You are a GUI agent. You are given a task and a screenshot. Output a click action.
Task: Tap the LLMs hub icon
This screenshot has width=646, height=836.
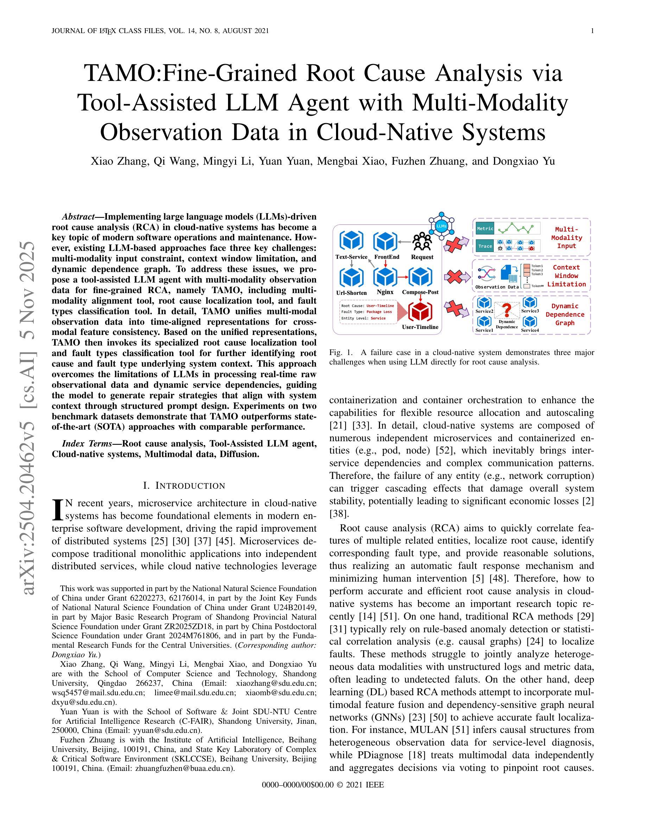[x=441, y=226]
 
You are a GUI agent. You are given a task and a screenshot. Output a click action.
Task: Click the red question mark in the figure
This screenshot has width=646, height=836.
[x=507, y=310]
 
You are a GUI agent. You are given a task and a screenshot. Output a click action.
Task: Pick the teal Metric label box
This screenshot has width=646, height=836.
[x=485, y=228]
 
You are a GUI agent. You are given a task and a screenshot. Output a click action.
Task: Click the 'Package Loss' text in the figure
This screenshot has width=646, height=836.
[x=379, y=312]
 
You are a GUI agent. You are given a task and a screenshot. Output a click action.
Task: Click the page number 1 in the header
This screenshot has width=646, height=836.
[x=593, y=31]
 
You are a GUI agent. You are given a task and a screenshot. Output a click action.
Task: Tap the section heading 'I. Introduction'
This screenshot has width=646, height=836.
[x=184, y=486]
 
